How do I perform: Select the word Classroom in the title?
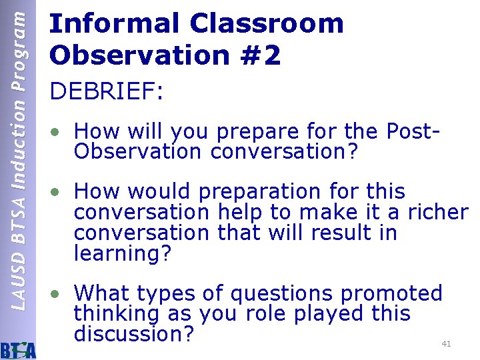(x=267, y=24)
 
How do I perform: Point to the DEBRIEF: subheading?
(x=106, y=92)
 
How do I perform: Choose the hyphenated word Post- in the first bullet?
(x=413, y=131)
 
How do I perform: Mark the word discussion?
(x=134, y=334)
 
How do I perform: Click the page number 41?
(x=447, y=344)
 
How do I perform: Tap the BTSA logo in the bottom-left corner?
(x=19, y=348)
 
